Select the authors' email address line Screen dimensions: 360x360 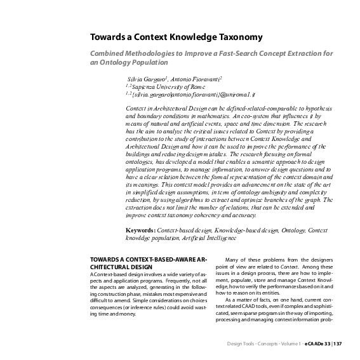click(185, 93)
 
